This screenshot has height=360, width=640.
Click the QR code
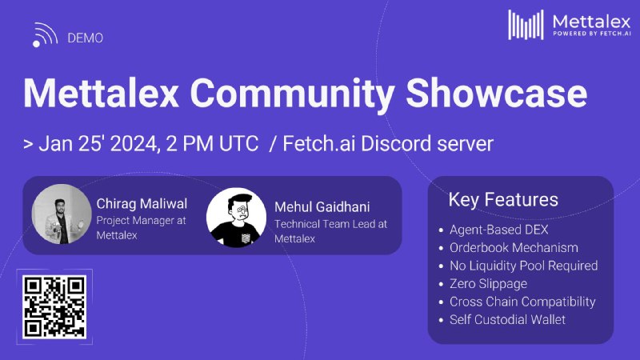click(54, 307)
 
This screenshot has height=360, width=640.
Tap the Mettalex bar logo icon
click(526, 25)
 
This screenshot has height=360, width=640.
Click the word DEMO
click(85, 38)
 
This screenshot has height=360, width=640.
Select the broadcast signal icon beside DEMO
click(45, 34)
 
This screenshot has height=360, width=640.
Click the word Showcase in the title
click(496, 93)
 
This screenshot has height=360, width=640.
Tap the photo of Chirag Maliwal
click(62, 214)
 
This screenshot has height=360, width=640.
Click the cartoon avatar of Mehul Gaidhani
click(236, 218)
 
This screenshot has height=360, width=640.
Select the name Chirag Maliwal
click(142, 204)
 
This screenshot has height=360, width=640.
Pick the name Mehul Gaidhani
click(322, 207)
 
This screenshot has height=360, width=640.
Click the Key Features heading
click(503, 199)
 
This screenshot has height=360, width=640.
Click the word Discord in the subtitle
click(396, 144)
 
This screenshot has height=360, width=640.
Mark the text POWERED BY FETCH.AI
click(592, 34)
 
